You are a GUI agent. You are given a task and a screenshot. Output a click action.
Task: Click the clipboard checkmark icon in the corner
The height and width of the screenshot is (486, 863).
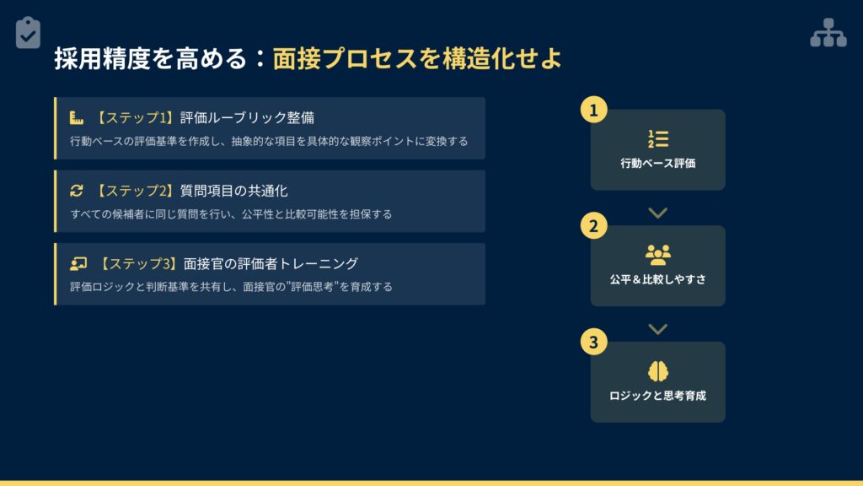pyautogui.click(x=28, y=33)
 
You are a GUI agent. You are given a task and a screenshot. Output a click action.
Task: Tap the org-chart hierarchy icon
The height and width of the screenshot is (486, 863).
pyautogui.click(x=828, y=33)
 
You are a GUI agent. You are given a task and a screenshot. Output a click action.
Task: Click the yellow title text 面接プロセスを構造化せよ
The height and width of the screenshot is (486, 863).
pyautogui.click(x=417, y=58)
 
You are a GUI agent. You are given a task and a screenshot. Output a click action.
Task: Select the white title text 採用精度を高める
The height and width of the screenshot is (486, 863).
pyautogui.click(x=150, y=58)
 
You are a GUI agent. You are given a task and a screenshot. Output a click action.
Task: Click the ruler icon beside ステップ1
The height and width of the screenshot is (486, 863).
pyautogui.click(x=77, y=117)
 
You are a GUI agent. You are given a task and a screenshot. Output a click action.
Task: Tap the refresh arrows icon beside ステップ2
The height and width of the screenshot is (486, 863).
pyautogui.click(x=77, y=191)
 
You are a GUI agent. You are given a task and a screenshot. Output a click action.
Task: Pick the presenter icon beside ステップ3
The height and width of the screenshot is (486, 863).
pyautogui.click(x=78, y=264)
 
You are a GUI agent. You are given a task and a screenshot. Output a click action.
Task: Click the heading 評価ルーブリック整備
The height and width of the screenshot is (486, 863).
pyautogui.click(x=247, y=117)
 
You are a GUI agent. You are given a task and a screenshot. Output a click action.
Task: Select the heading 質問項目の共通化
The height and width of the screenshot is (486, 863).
pyautogui.click(x=234, y=191)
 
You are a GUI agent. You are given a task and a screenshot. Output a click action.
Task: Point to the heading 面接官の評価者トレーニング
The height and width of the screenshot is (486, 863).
pyautogui.click(x=271, y=264)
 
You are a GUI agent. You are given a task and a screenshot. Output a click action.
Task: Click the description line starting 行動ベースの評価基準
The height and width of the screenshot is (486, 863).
pyautogui.click(x=269, y=142)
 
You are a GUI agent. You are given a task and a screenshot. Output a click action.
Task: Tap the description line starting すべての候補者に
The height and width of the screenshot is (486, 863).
pyautogui.click(x=231, y=214)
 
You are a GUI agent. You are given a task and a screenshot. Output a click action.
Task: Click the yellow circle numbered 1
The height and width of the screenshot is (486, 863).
pyautogui.click(x=594, y=110)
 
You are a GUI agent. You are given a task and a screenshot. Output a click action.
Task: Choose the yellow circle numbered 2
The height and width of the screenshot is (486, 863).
pyautogui.click(x=594, y=226)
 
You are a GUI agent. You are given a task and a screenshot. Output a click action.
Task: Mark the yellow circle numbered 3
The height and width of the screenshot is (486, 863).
pyautogui.click(x=594, y=343)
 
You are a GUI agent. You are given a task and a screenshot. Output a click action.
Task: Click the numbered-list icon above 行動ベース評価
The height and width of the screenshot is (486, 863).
pyautogui.click(x=657, y=139)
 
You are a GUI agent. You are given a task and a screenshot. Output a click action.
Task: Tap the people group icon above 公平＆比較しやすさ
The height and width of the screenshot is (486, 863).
pyautogui.click(x=657, y=255)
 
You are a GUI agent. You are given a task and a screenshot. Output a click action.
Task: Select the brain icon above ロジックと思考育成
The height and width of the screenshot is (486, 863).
pyautogui.click(x=657, y=371)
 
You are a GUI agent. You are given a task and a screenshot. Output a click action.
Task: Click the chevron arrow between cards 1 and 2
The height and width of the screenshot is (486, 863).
pyautogui.click(x=657, y=213)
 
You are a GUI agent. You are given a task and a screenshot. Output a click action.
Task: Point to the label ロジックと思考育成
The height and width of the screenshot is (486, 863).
pyautogui.click(x=657, y=396)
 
